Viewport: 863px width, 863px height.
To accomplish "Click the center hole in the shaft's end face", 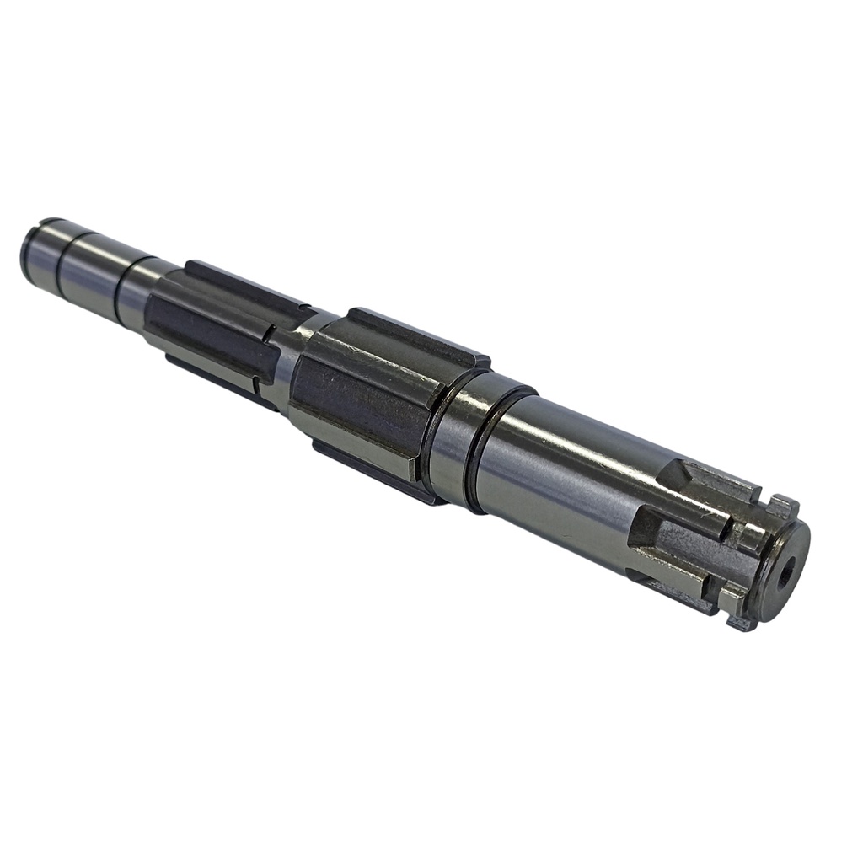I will (x=787, y=574).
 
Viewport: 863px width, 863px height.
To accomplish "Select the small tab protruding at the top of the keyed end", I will (x=781, y=507).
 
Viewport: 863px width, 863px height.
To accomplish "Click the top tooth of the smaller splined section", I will (x=244, y=286).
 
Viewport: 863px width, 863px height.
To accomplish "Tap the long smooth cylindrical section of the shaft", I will (x=565, y=472).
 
